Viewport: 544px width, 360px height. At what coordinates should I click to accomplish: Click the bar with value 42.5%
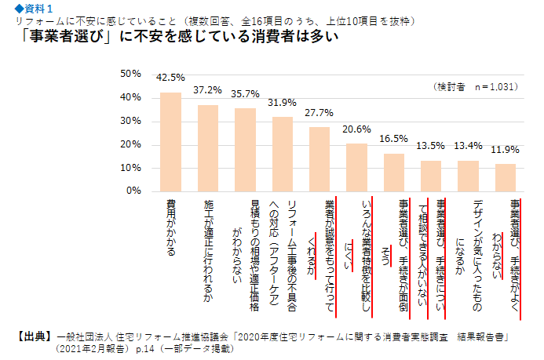click(x=170, y=141)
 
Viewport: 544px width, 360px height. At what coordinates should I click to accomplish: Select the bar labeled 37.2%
click(x=208, y=147)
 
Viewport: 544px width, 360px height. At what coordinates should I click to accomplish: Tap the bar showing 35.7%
click(x=245, y=149)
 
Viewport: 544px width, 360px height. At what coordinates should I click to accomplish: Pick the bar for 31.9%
click(x=283, y=154)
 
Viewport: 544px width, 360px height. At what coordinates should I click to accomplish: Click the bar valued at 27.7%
click(x=319, y=158)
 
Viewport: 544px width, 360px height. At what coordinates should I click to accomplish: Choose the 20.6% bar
click(x=357, y=166)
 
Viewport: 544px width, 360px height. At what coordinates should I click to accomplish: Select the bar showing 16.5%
click(x=394, y=172)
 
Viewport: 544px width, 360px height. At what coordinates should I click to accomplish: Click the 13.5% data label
click(x=431, y=145)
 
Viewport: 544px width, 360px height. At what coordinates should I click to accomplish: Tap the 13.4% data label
click(x=469, y=145)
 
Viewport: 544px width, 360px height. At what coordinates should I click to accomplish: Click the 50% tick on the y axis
click(x=130, y=74)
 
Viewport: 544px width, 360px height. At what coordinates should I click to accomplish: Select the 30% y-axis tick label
click(x=130, y=121)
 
